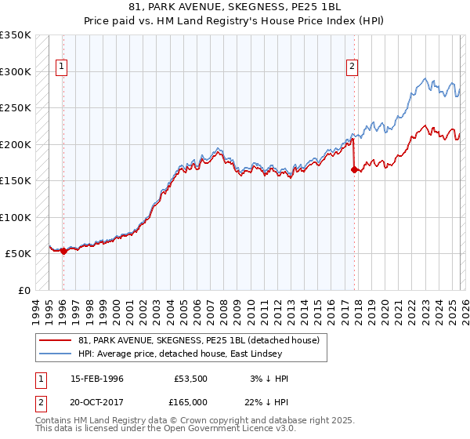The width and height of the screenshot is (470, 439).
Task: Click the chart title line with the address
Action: tap(235, 6)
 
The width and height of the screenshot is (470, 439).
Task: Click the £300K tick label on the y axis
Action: tap(16, 71)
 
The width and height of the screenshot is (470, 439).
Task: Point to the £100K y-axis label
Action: tap(16, 217)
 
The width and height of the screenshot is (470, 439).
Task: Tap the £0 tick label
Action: tap(24, 291)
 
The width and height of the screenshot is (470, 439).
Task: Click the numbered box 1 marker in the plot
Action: tap(62, 67)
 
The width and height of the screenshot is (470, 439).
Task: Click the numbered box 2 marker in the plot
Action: tap(352, 67)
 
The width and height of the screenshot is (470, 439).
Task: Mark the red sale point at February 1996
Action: tap(63, 252)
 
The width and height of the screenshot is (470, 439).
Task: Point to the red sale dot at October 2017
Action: tap(354, 169)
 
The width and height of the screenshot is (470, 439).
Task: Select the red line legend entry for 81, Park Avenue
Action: tap(198, 340)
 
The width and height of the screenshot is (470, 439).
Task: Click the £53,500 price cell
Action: tap(190, 379)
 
